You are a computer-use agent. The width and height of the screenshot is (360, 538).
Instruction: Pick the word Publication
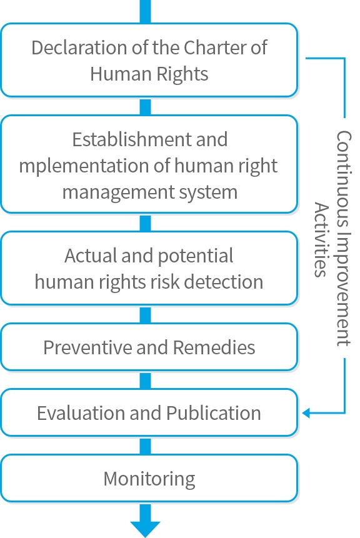pyautogui.click(x=214, y=413)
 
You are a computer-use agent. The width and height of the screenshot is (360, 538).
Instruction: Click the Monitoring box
pyautogui.click(x=149, y=479)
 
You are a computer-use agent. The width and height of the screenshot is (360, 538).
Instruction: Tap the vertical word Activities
pyautogui.click(x=321, y=239)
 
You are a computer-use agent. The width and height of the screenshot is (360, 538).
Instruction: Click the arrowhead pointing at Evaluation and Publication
pyautogui.click(x=306, y=413)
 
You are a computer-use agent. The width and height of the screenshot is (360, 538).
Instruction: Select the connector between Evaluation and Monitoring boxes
pyautogui.click(x=145, y=445)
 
